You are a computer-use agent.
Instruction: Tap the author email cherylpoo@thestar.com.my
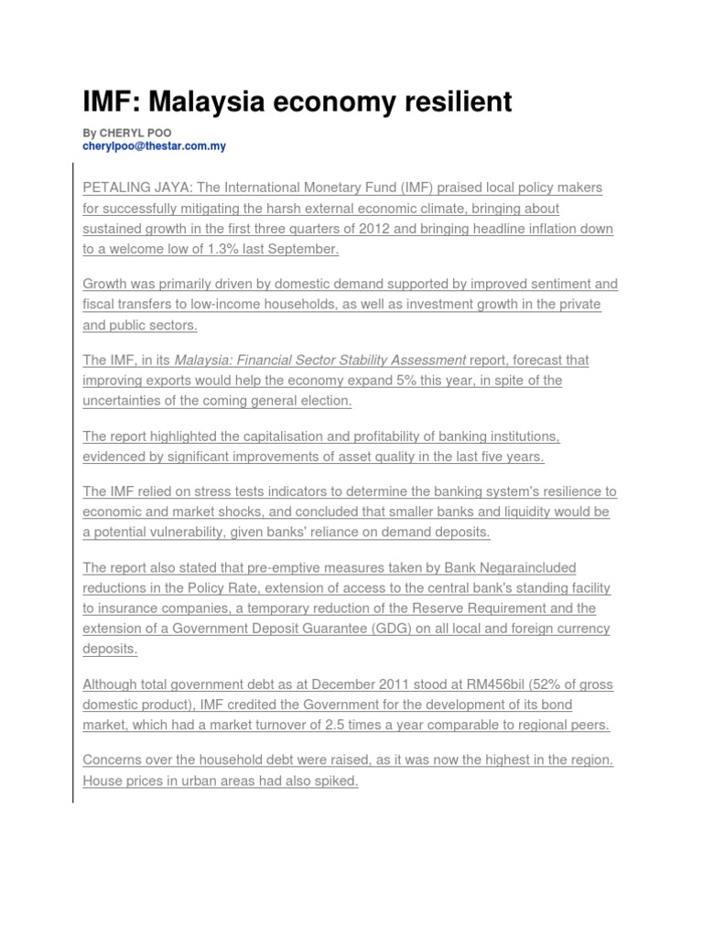pyautogui.click(x=154, y=146)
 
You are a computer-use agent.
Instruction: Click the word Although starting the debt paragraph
pyautogui.click(x=112, y=684)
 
